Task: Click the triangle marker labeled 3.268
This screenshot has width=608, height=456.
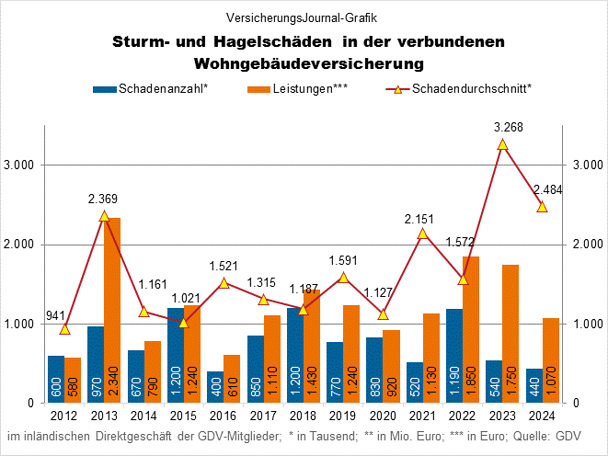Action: [502, 144]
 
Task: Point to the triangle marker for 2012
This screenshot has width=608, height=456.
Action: [64, 329]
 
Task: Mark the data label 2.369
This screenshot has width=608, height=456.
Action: [105, 199]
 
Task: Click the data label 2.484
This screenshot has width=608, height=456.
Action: [546, 190]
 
